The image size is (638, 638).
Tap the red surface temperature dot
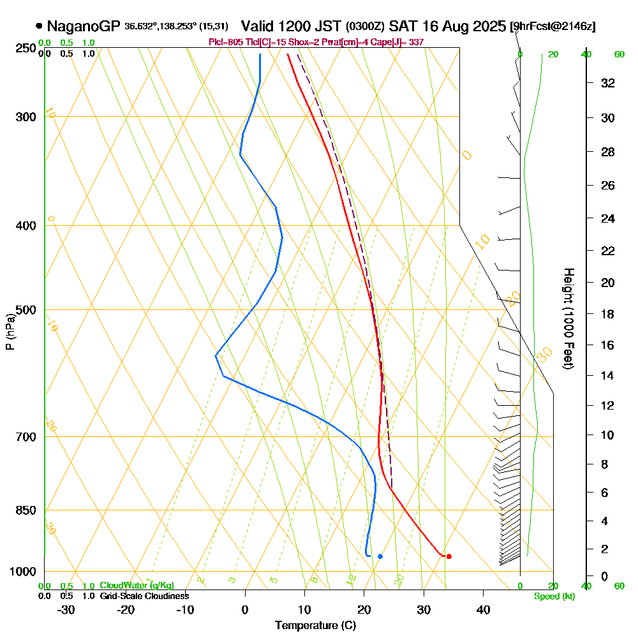coord(449,556)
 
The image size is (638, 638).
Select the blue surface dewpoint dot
coord(380,556)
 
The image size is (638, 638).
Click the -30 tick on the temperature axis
coord(66,609)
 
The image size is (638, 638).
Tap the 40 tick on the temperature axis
coord(483,609)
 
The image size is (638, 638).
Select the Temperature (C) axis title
coord(315,626)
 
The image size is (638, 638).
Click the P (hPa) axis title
coord(10,332)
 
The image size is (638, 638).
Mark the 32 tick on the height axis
coord(608,83)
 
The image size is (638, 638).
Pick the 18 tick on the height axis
coord(608,314)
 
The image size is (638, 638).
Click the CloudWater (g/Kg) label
coord(137,586)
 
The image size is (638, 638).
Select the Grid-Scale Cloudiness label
coord(144,596)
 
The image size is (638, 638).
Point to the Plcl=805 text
coord(227,42)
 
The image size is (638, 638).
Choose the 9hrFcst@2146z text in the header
coord(553,27)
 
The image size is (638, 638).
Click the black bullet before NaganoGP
coord(40,26)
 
